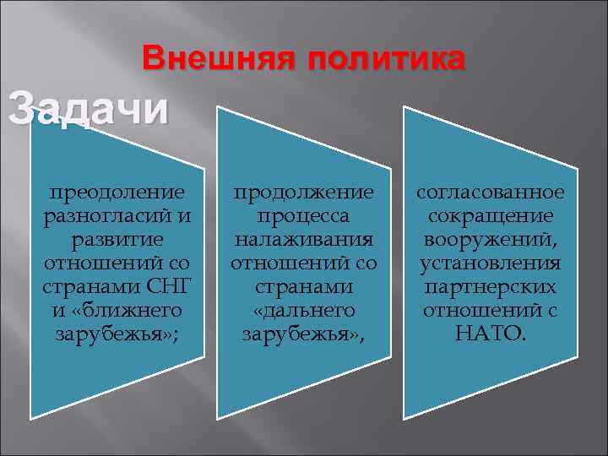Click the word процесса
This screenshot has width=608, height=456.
coord(303,216)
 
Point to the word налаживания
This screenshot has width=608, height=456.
coord(303,240)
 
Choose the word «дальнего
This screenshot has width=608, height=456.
coord(303,311)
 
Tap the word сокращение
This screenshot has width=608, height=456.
coord(490,216)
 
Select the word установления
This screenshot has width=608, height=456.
coord(490,263)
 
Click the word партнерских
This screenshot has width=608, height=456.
coord(490,287)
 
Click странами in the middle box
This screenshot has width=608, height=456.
coord(303,287)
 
